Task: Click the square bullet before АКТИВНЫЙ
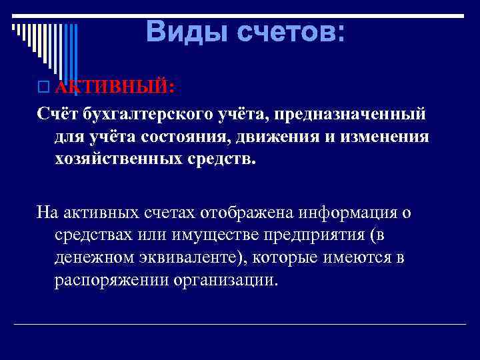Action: pos(44,87)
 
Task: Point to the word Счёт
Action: pos(57,115)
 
